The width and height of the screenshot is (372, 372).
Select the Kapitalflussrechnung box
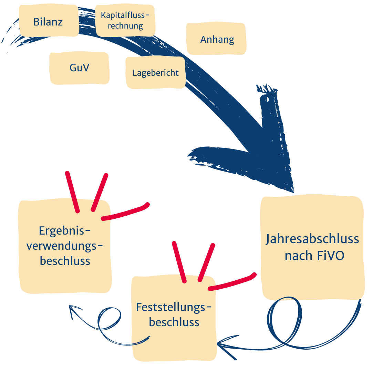click(x=125, y=20)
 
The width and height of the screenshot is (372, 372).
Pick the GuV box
click(x=79, y=68)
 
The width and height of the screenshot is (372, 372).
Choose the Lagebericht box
click(x=156, y=73)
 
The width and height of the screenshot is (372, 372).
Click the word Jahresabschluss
click(x=312, y=239)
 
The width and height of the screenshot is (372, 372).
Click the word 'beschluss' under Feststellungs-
click(x=174, y=322)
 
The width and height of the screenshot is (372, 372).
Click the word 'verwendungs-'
click(x=65, y=246)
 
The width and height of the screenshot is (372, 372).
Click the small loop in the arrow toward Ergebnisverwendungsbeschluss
click(x=108, y=319)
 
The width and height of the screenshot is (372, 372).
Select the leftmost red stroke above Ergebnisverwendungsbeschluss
click(x=72, y=191)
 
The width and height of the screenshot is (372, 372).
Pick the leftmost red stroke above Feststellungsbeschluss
click(x=179, y=262)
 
